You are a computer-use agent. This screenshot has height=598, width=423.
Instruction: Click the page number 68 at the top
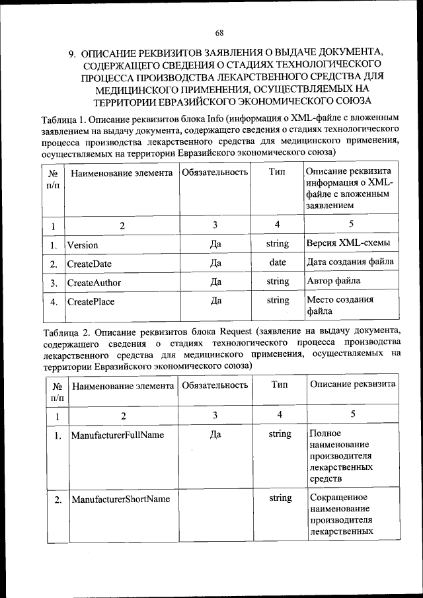point(219,32)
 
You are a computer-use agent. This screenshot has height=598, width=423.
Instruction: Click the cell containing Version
point(83,244)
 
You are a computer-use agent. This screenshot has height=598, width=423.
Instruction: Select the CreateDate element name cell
point(89,263)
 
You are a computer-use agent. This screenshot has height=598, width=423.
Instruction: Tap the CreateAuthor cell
point(94,282)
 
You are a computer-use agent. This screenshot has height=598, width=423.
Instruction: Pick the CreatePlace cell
point(91,302)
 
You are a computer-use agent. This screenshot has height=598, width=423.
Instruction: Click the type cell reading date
point(278,262)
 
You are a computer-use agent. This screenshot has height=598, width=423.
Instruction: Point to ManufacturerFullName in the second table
point(118,435)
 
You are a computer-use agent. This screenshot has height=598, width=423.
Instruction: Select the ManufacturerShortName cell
point(120,499)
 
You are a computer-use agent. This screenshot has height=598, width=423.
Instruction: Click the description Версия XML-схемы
point(348,243)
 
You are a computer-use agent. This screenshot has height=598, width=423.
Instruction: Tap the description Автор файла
point(334,281)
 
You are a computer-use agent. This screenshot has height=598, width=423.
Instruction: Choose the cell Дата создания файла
point(350,262)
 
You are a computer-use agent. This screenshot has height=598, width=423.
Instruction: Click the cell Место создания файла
point(340,305)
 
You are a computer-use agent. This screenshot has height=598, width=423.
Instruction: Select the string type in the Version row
point(278,243)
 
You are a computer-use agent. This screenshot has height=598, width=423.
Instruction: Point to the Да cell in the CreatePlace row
point(215,301)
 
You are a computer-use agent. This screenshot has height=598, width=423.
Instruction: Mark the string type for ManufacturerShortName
point(280,498)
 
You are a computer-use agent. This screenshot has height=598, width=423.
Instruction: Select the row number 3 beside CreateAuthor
point(54,283)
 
